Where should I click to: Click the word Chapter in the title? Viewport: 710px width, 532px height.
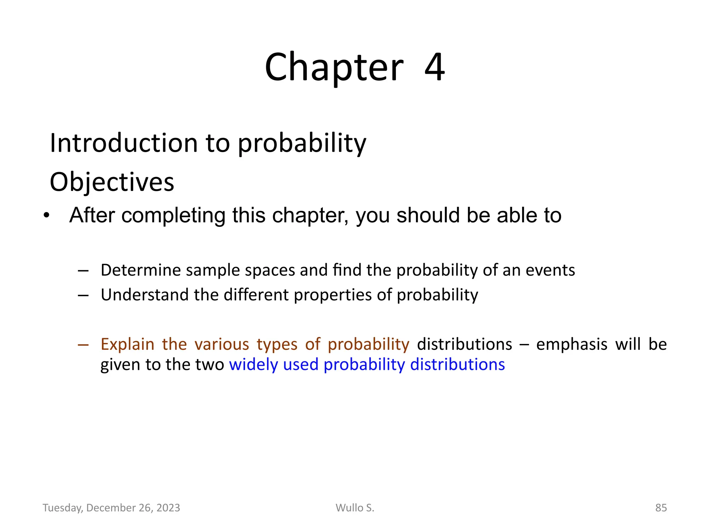coord(334,67)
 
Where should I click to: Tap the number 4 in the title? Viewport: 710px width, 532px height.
coord(434,67)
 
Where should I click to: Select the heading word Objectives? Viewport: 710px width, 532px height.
coord(112,182)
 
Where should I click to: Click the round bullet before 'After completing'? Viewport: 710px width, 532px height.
coord(47,216)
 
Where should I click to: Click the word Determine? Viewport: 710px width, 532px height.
coord(141,270)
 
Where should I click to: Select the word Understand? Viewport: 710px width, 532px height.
coord(145,295)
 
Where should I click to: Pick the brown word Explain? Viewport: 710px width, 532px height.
coord(127,344)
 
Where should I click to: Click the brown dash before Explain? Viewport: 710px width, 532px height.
coord(83,345)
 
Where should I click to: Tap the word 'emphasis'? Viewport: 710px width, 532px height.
coord(572,344)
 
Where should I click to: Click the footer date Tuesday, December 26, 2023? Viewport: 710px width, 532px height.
coord(111,508)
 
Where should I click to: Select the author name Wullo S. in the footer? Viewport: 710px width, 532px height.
coord(355,508)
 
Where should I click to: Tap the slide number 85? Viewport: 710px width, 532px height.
coord(661,508)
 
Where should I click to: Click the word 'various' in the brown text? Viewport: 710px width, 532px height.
coord(222,344)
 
